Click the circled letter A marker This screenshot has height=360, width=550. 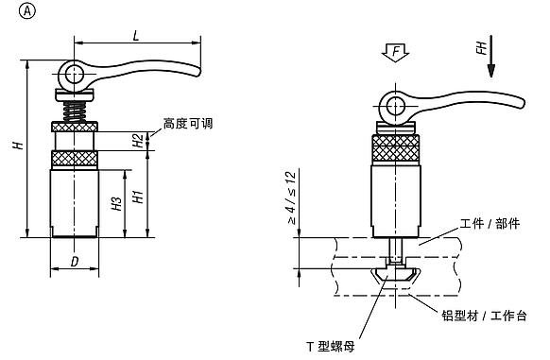(x=11, y=12)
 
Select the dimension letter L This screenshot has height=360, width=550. (x=137, y=34)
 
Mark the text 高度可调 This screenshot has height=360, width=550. (x=183, y=123)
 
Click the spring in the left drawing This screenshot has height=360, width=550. (x=75, y=110)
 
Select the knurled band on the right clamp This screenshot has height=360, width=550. (x=395, y=148)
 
